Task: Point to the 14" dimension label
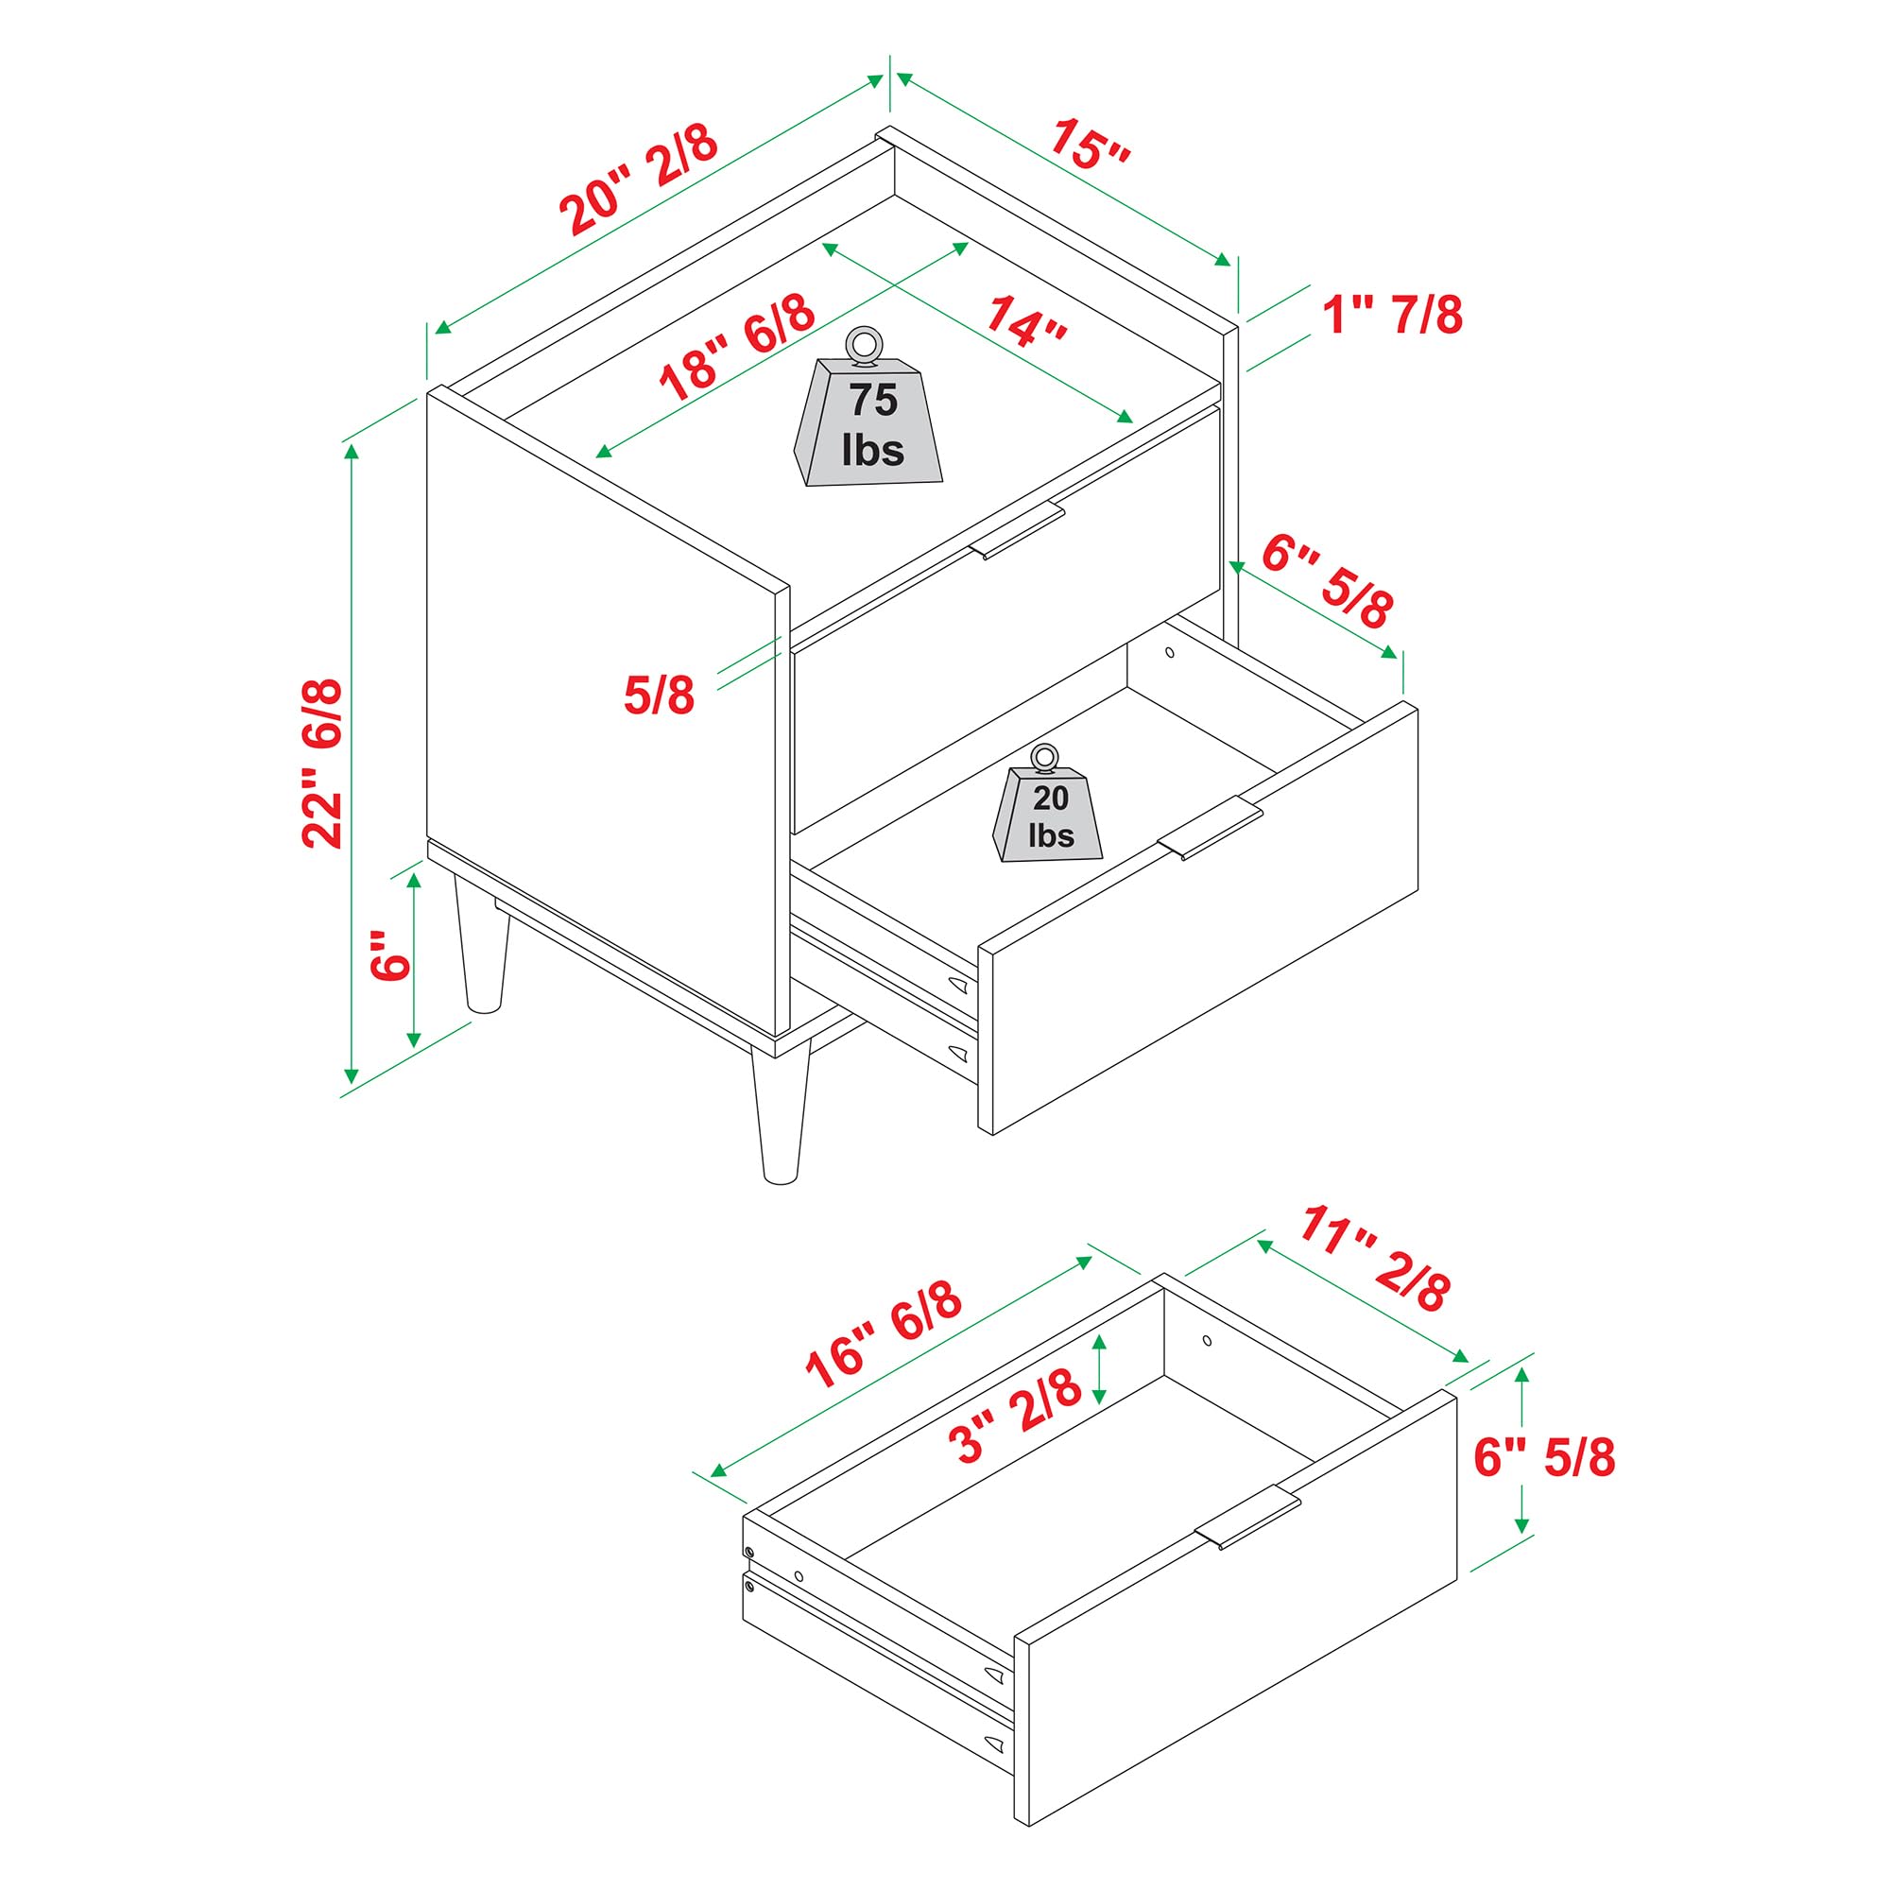point(1024,321)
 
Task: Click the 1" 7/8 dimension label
point(1392,316)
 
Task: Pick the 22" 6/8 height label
point(322,763)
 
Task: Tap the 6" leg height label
point(390,954)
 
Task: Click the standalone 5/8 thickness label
point(659,696)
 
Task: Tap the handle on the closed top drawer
point(1018,531)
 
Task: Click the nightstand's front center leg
point(780,1115)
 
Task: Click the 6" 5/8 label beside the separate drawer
point(1545,1456)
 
